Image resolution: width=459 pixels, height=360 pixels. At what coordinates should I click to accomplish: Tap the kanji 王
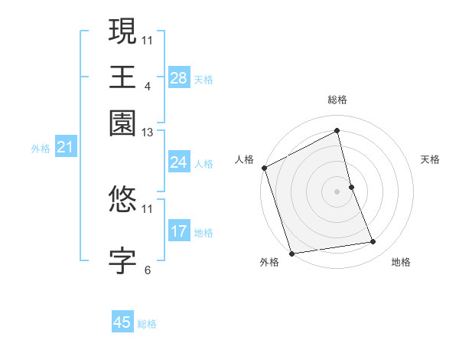[x=122, y=76]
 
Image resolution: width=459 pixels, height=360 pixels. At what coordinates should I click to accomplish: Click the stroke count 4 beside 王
[x=147, y=86]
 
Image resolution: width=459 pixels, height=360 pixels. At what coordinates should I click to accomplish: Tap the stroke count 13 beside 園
[x=148, y=133]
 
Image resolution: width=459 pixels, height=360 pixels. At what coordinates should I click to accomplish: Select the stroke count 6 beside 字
[x=147, y=270]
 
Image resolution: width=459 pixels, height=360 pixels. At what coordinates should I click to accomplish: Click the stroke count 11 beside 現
[x=148, y=40]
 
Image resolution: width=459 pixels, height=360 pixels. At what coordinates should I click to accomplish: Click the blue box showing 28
[x=178, y=77]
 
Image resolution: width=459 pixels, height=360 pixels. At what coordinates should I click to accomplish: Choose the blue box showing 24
[x=178, y=162]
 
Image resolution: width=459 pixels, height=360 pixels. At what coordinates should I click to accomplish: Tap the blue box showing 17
[x=178, y=231]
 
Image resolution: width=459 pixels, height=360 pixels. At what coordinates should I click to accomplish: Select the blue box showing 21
[x=64, y=147]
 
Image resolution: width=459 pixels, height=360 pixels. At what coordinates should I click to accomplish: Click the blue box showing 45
[x=122, y=322]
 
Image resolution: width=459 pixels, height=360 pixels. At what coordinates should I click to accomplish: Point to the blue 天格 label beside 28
[x=203, y=79]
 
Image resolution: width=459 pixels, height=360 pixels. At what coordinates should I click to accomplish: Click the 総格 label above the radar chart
[x=337, y=100]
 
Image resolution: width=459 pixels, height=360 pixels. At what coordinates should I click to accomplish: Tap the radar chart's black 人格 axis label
[x=245, y=159]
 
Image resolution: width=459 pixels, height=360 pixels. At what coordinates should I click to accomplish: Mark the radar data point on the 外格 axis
[x=291, y=253]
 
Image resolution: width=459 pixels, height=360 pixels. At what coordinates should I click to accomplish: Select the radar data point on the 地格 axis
[x=373, y=242]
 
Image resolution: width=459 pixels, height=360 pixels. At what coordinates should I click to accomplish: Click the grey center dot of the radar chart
[x=337, y=191]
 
